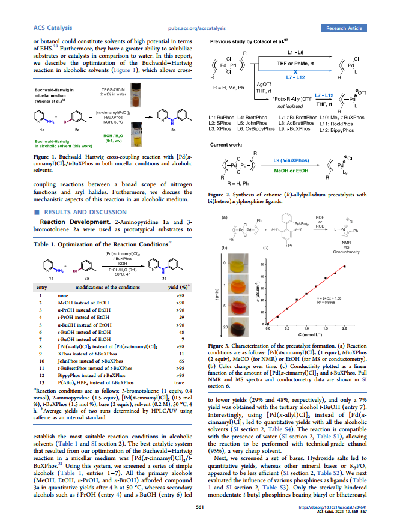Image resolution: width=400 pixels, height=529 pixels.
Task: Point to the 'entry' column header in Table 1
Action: (x=40, y=288)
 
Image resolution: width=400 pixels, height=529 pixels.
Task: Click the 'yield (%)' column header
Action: (x=178, y=288)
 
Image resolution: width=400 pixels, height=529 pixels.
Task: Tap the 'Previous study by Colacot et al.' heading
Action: (x=246, y=41)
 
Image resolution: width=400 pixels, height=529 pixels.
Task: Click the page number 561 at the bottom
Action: (x=200, y=507)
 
